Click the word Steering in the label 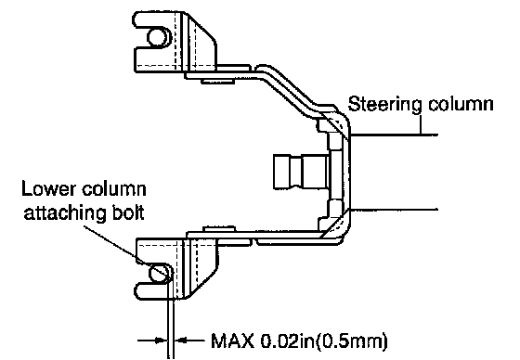coord(384,105)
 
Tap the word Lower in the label coord(47,188)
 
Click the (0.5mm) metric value coord(352,341)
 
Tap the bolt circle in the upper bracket coord(157,37)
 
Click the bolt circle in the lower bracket coord(159,273)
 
